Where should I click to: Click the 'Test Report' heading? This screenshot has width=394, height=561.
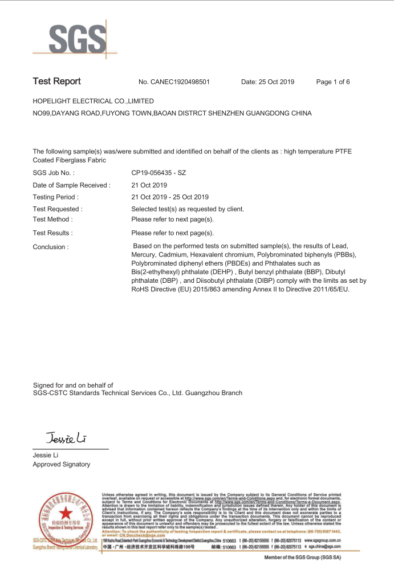pos(57,82)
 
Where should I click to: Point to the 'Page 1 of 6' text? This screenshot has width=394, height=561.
pos(333,82)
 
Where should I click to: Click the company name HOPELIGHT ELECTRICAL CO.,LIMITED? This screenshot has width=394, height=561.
pos(94,101)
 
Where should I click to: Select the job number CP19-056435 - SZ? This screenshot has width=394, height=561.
pos(159,173)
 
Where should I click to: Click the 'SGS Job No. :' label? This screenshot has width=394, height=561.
pos(54,173)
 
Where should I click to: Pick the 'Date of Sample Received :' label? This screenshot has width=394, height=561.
pos(71,185)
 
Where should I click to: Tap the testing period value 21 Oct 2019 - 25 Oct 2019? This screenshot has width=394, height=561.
pos(170,197)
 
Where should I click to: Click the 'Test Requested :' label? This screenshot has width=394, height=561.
pos(58,209)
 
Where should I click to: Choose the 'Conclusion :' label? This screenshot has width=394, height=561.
pos(51,247)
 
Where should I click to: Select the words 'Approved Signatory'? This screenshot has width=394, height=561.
pos(62,465)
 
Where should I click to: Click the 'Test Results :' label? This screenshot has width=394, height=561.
pos(52,233)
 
